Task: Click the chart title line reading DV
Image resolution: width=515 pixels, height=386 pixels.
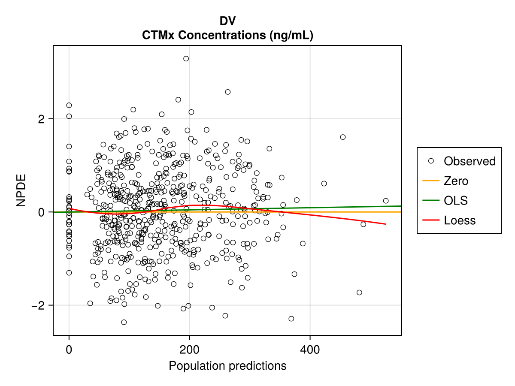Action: coord(227,21)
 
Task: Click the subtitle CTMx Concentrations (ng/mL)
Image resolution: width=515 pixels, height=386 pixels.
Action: coord(227,36)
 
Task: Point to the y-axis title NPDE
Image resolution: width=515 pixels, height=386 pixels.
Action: coord(21,190)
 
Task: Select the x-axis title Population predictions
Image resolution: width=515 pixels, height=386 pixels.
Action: coord(227,366)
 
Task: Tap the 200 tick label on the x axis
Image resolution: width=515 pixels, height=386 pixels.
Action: coord(190,349)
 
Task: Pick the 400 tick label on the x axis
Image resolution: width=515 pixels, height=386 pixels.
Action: coord(310,349)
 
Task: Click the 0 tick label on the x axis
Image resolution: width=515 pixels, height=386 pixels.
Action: coord(69,349)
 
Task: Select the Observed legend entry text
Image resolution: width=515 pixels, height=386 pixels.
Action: coord(470,161)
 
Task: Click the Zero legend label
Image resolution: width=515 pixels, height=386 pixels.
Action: coord(456,181)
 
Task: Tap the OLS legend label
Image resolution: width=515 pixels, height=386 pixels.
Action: coord(455,201)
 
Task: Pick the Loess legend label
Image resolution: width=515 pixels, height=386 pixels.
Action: coord(460,220)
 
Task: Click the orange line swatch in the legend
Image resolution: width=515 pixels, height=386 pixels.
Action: coord(431,181)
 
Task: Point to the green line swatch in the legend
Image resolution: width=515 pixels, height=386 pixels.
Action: coord(431,201)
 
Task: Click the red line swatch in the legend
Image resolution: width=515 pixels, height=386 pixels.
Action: coord(431,220)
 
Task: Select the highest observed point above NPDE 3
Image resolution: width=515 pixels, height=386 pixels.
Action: coord(186,59)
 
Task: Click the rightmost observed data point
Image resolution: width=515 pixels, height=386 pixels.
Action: coord(385,201)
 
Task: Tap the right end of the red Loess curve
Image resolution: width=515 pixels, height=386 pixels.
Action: coord(385,224)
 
